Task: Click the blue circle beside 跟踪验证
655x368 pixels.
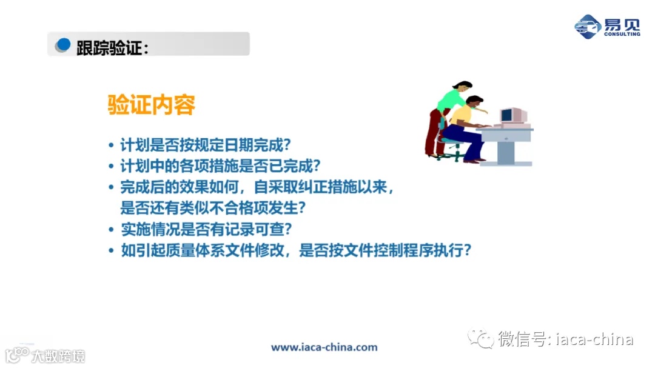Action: [63, 45]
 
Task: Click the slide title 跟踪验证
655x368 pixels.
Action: [112, 47]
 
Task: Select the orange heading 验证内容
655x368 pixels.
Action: [151, 105]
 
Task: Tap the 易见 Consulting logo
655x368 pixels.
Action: [606, 27]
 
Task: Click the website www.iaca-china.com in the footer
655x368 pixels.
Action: [324, 347]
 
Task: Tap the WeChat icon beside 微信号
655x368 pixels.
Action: [480, 339]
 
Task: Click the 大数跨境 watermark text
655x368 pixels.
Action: [58, 356]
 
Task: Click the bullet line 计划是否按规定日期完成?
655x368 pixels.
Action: [206, 146]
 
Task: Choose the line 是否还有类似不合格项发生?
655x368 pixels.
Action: [212, 208]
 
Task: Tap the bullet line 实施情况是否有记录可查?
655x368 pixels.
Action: [206, 229]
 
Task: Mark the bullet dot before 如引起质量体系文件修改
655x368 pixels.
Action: [111, 251]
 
